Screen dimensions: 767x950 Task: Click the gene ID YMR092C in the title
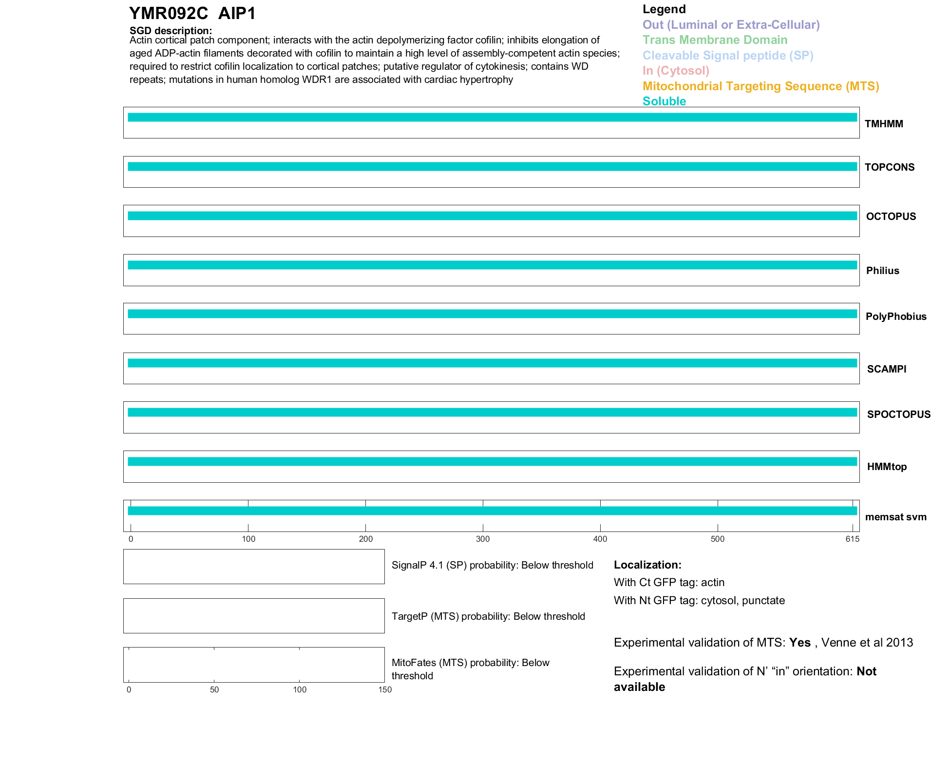pos(169,14)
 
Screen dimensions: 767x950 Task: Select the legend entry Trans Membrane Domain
pos(715,40)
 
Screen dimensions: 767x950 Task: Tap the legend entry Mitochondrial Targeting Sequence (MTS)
pos(760,86)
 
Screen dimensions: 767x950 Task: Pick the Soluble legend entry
pos(664,101)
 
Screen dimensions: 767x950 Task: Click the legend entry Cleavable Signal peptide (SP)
pos(728,56)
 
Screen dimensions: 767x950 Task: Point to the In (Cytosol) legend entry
pos(676,71)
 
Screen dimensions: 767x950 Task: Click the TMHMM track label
pos(884,124)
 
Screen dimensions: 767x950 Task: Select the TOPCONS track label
pos(890,167)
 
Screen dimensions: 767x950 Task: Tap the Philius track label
pos(882,271)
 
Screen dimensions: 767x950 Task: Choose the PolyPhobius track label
pos(896,316)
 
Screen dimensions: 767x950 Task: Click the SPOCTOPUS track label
pos(898,414)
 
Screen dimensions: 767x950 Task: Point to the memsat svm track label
pos(895,517)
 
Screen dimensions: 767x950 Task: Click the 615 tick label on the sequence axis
pos(853,539)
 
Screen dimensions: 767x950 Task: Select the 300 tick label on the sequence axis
pos(483,539)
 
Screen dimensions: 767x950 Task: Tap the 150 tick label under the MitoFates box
pos(385,689)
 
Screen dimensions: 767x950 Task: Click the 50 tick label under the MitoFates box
pos(214,689)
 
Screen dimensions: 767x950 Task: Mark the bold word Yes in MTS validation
pos(799,643)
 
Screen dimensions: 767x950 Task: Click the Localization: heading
pos(647,565)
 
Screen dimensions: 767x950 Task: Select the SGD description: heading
pos(171,31)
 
